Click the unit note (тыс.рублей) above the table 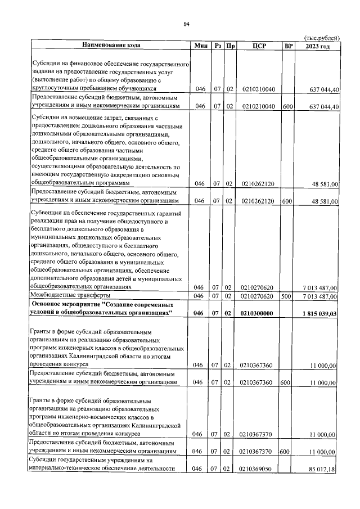tap(321, 37)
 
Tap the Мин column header tap(201, 45)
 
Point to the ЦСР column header tap(259, 45)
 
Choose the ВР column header tap(289, 45)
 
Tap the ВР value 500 tap(286, 296)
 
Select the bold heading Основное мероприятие tap(71, 304)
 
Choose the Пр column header tap(229, 45)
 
